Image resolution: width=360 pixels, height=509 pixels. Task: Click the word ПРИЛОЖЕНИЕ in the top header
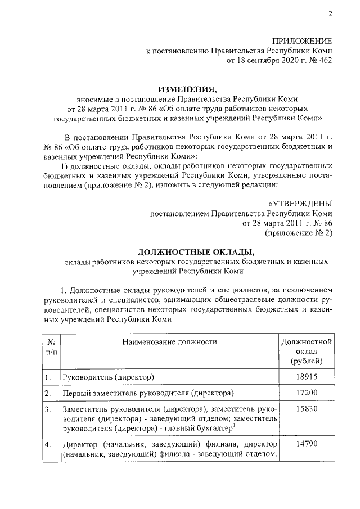[302, 41]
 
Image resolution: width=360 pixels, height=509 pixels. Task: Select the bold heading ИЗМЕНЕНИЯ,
[187, 89]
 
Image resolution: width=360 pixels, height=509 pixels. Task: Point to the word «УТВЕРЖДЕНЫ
[300, 203]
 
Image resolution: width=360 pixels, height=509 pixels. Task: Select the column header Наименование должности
[169, 341]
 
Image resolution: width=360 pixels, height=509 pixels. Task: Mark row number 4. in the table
[48, 444]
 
